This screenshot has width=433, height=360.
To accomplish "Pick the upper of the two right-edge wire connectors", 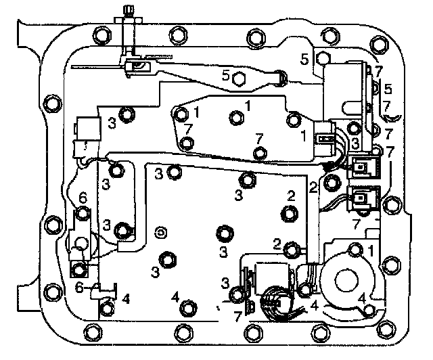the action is (363, 166).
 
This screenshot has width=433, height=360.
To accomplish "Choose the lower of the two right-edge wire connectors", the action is (362, 199).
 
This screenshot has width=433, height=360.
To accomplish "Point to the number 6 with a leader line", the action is (79, 287).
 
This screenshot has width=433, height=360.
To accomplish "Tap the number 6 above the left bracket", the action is (83, 197).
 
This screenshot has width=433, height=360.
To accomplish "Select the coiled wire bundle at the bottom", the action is (277, 300).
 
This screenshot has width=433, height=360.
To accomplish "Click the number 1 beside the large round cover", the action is (373, 250).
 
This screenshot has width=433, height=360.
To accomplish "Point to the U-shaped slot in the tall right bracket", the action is (352, 106).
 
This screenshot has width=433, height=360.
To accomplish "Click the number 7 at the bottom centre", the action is (237, 316).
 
